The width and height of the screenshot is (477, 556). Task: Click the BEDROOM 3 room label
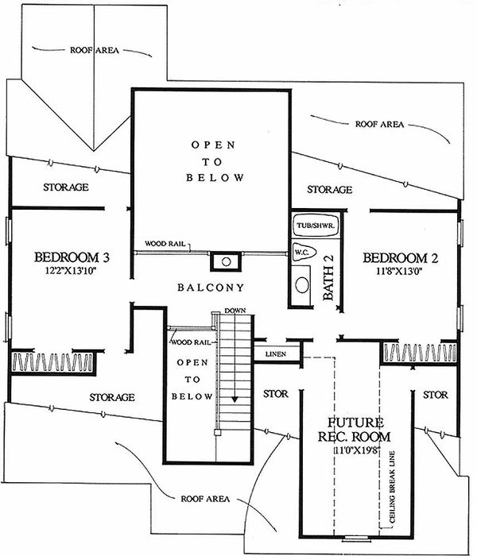click(x=72, y=257)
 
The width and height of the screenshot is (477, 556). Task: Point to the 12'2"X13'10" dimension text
click(x=72, y=271)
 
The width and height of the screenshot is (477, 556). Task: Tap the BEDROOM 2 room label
click(x=400, y=257)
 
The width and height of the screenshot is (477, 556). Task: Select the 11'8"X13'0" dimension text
click(x=400, y=271)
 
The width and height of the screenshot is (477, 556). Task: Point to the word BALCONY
click(x=211, y=287)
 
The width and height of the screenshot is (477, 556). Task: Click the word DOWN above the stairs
click(x=234, y=310)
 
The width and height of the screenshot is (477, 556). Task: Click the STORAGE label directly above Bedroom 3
click(x=65, y=187)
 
